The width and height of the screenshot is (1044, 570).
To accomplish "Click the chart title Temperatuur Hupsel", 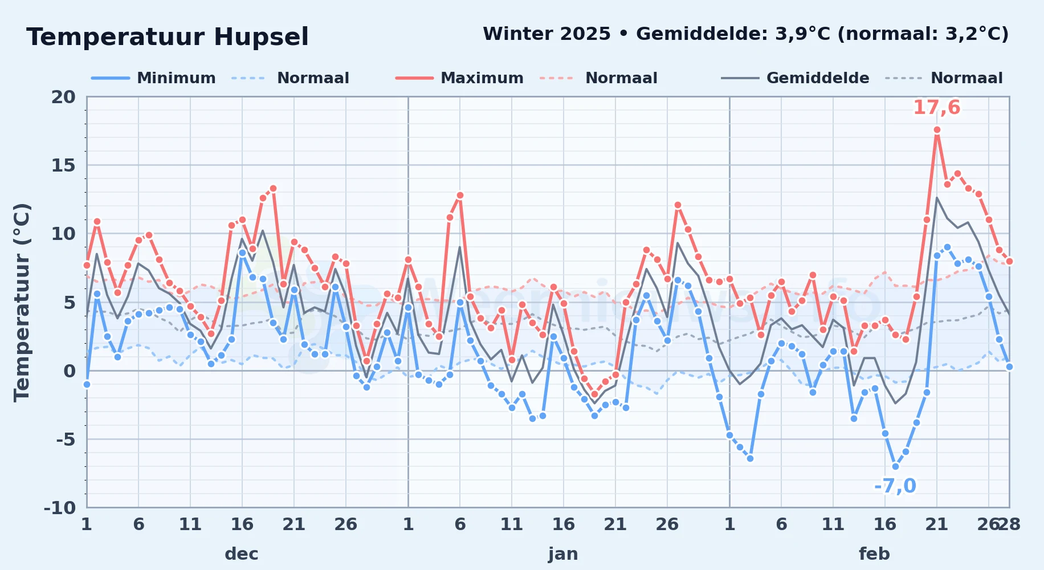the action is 168,37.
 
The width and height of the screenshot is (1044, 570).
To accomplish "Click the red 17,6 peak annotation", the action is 937,108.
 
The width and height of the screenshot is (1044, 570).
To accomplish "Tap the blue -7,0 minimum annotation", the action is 895,486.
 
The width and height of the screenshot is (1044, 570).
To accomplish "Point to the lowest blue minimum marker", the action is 895,466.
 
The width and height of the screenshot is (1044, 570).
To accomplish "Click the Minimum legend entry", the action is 153,78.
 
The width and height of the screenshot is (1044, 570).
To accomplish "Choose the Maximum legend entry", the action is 459,78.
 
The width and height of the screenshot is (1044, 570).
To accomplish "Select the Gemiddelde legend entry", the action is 795,78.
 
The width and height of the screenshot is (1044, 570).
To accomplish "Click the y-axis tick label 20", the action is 63,97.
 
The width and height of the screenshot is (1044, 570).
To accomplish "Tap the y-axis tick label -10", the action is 60,508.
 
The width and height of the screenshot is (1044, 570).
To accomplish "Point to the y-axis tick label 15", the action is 63,165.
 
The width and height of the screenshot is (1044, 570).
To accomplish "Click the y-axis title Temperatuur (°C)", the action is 22,302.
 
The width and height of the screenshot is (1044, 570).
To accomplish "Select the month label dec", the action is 242,554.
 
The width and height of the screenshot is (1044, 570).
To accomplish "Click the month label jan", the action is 563,554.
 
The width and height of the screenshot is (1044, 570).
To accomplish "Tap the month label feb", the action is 874,554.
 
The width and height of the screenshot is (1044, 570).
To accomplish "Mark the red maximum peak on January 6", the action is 460,195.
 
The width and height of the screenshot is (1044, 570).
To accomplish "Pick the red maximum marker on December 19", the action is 273,188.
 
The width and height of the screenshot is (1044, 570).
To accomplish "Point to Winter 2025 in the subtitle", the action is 547,34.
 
